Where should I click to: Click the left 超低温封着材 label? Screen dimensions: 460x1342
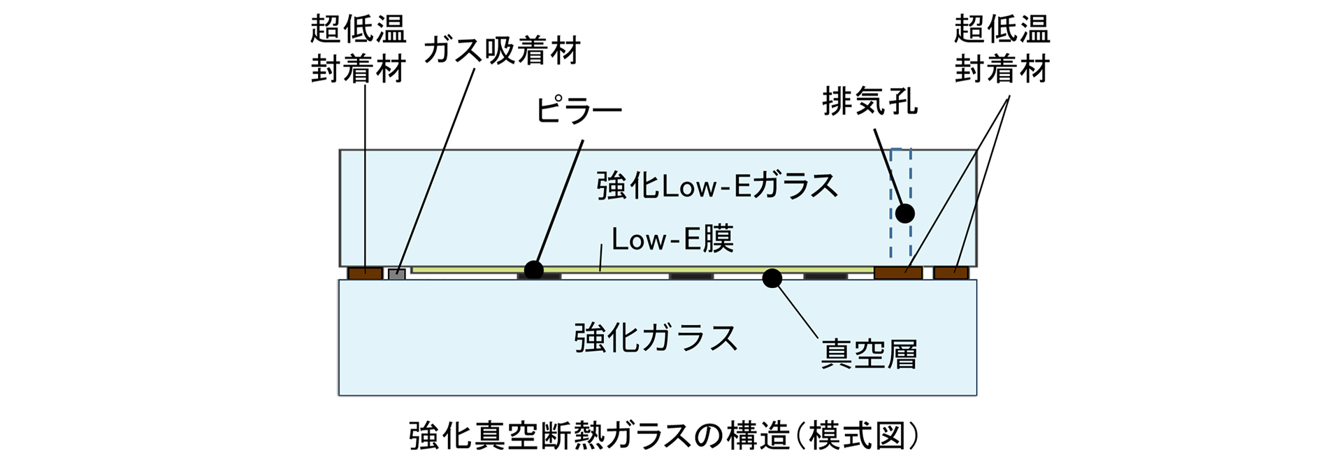pos(358,49)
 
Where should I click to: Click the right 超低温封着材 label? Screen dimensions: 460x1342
pos(1002,49)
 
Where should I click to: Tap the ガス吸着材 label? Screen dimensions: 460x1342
pos(502,51)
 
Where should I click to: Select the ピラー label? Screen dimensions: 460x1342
pos(578,110)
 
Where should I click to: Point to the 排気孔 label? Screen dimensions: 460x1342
pos(870,102)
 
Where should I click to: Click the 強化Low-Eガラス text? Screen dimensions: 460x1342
pos(717,186)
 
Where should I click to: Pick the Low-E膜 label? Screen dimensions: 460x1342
pos(672,240)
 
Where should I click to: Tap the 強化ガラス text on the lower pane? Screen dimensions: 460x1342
pos(656,338)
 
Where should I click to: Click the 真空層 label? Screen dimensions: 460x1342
pos(869,354)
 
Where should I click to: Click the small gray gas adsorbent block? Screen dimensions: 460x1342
pos(397,273)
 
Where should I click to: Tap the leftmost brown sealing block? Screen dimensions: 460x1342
pos(365,273)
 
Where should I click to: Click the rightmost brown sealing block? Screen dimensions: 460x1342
pos(951,273)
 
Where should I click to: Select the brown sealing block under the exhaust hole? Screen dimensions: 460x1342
pos(898,273)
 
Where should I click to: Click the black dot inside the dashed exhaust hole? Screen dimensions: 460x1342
pos(905,213)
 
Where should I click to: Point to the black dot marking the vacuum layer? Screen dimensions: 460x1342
pos(772,278)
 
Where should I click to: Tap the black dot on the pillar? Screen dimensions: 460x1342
pos(534,270)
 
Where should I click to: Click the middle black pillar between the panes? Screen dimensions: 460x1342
pos(691,276)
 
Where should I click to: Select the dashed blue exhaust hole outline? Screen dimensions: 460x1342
pos(891,203)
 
